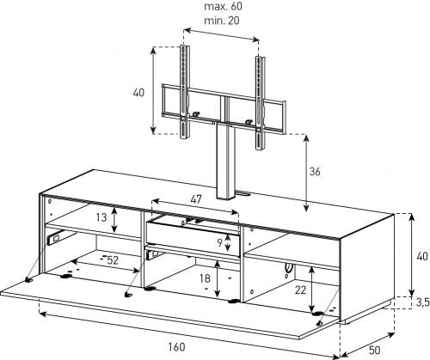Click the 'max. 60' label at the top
[223, 6]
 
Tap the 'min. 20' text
[222, 21]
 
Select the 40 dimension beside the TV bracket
[138, 93]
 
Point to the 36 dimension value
[315, 172]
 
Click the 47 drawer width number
[196, 199]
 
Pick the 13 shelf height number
[101, 217]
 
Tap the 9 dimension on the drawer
[219, 243]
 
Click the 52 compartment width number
[113, 260]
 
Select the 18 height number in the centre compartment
[205, 278]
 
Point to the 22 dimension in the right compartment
[301, 290]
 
